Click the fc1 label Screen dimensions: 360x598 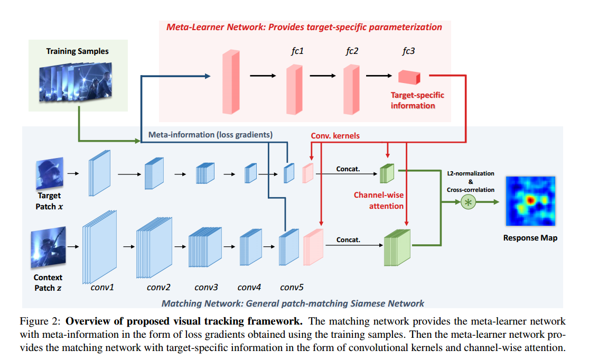297,51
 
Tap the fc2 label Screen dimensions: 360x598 352,51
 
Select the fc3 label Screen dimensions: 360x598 408,51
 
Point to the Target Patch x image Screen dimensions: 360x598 49,173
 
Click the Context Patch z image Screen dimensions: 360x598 49,248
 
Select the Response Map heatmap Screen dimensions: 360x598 530,201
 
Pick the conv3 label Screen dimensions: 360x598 206,288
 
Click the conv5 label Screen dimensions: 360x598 292,288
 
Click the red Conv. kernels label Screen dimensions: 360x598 335,136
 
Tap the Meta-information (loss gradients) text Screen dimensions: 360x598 210,135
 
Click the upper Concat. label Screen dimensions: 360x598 348,169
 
